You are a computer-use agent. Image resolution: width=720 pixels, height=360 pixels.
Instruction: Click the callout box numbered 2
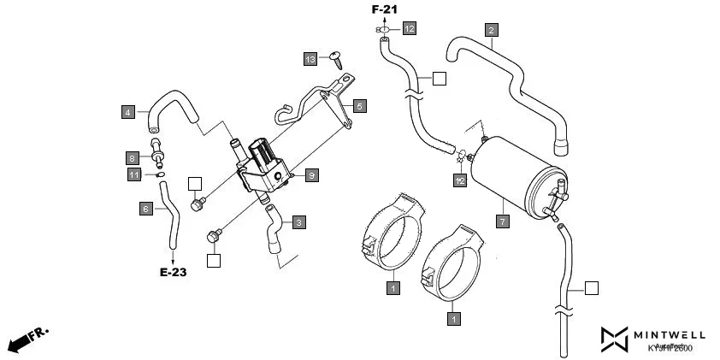pos(491,31)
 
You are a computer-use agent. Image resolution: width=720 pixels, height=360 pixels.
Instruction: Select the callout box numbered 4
pos(127,111)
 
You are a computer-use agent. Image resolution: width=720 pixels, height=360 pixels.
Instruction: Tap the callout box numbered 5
pos(360,106)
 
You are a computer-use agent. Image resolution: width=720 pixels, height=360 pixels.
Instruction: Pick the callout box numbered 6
pos(146,207)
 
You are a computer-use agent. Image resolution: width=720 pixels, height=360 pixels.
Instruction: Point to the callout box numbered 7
pos(503,221)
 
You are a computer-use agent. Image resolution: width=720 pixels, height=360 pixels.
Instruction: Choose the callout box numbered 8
pos(133,158)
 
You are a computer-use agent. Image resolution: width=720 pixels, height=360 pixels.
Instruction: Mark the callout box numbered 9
pos(312,174)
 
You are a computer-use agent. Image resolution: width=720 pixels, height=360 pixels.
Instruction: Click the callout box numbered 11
pos(134,174)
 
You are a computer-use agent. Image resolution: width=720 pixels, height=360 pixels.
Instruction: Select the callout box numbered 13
pos(310,58)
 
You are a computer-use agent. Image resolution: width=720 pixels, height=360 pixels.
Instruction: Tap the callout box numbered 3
pos(298,222)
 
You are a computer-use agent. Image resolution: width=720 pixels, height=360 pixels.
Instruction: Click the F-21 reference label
pos(384,9)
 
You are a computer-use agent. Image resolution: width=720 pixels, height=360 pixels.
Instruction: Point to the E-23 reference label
pos(173,274)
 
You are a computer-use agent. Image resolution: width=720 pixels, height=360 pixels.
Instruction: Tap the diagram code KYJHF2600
pos(670,348)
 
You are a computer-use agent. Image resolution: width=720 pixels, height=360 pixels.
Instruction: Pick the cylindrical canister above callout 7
pos(513,178)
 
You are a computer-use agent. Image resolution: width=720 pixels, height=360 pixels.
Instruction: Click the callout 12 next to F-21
pos(410,29)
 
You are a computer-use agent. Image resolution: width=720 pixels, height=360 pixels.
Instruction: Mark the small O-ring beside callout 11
pos(159,175)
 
